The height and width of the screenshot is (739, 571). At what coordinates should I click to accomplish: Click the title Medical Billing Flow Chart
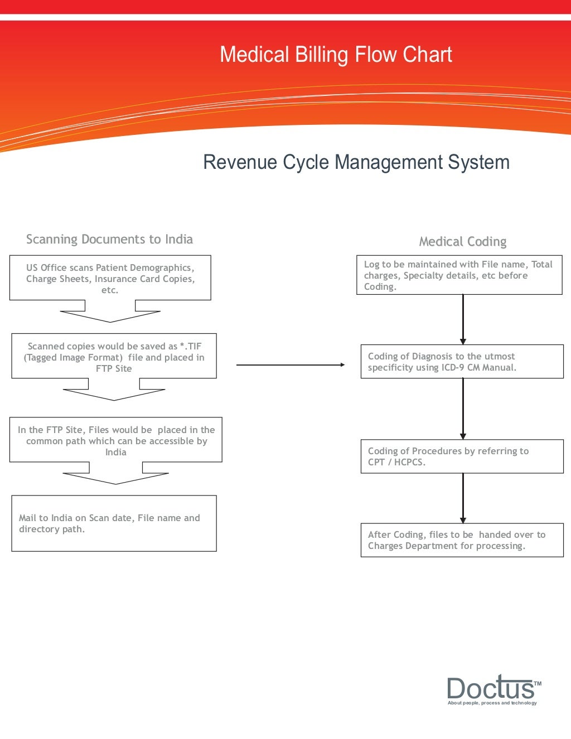[x=336, y=55]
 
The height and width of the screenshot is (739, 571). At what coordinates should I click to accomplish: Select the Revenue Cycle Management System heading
[x=356, y=162]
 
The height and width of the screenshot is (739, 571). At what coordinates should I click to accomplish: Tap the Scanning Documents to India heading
[x=109, y=239]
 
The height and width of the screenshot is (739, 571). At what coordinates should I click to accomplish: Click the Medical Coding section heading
[x=462, y=241]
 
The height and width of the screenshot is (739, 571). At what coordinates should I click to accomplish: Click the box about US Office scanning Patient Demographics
[x=110, y=278]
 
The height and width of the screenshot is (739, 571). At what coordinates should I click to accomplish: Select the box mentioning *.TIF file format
[x=114, y=357]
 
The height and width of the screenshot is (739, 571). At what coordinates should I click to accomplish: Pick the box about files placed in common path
[x=115, y=440]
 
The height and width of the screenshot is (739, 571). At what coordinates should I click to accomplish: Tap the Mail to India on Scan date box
[x=114, y=523]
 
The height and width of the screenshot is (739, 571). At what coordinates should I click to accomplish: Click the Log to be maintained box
[x=459, y=275]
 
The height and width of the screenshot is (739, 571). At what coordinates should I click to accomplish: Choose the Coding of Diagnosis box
[x=462, y=362]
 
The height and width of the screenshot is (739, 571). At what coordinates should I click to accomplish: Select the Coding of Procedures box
[x=462, y=456]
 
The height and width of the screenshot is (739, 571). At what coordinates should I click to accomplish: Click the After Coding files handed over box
[x=462, y=540]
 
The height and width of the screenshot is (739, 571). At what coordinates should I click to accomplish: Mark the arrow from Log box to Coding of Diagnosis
[x=463, y=319]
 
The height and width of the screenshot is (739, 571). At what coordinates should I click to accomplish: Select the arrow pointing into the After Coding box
[x=463, y=498]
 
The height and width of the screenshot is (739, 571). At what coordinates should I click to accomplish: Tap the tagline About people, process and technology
[x=492, y=703]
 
